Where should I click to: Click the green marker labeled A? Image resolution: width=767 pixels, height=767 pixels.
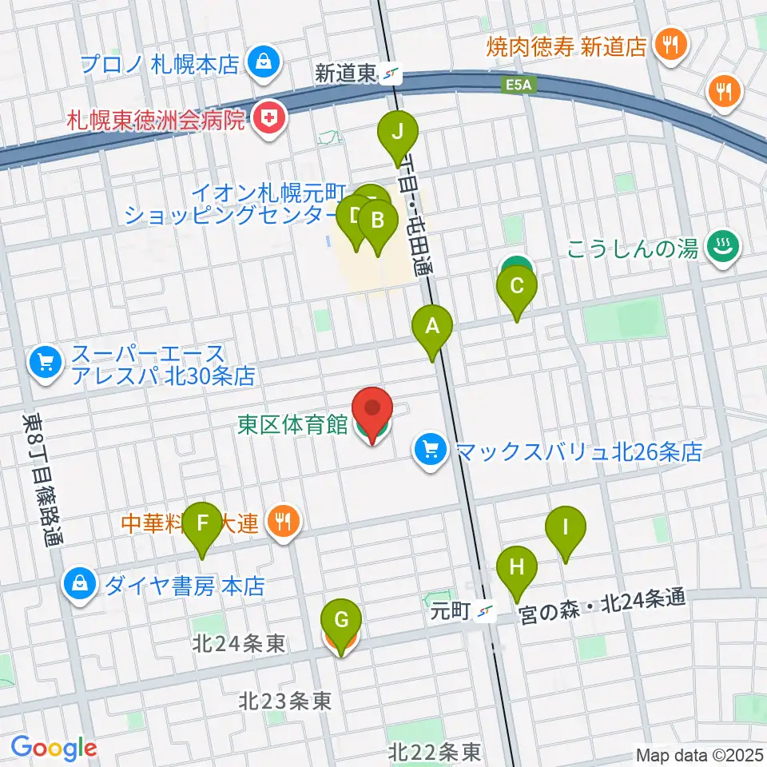pos(432,328)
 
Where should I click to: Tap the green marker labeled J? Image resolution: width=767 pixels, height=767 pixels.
pos(398,131)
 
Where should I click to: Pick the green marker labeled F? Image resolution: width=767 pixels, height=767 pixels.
pos(203,524)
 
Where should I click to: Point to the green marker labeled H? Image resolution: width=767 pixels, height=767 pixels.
pos(517,569)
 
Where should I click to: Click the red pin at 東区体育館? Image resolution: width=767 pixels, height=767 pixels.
pos(372,409)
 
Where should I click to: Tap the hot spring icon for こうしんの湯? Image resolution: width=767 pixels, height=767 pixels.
pos(723,247)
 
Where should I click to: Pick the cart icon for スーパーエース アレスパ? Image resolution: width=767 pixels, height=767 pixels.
pos(45,364)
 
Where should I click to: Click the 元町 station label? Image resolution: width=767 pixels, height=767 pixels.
pos(447,612)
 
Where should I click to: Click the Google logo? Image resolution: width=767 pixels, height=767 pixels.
pos(54,749)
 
